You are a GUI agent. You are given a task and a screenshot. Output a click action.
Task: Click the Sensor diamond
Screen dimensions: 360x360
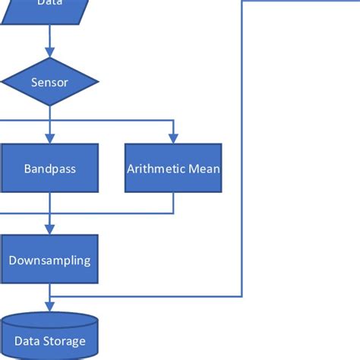50,81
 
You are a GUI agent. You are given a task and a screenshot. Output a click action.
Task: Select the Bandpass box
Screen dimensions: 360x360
50,168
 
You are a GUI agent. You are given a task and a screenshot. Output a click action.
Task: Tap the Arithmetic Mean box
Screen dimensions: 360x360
173,168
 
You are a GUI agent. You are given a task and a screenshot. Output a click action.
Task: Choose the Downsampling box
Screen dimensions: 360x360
50,260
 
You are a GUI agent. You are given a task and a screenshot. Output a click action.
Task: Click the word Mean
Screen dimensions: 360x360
204,168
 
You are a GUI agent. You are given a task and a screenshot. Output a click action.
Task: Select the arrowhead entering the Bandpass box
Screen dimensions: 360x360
50,139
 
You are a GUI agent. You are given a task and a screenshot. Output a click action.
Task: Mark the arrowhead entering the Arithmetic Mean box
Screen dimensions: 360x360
173,139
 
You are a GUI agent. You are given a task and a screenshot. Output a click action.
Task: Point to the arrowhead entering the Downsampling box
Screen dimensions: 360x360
50,230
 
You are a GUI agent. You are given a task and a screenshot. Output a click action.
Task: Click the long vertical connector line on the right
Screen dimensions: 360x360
242,152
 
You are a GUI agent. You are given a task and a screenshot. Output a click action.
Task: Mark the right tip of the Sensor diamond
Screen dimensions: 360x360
97,81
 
